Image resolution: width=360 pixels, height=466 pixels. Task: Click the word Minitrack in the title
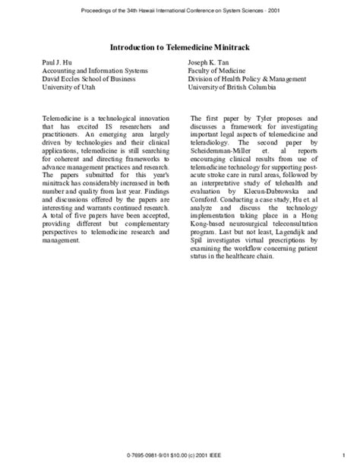tap(232, 47)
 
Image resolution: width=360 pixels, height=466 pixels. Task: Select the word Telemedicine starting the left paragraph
tap(62, 119)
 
